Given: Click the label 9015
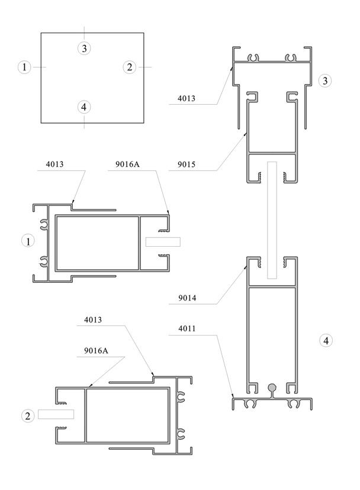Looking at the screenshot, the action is pyautogui.click(x=187, y=165).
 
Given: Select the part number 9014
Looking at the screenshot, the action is pyautogui.click(x=187, y=298).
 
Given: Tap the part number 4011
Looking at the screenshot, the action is pyautogui.click(x=187, y=328).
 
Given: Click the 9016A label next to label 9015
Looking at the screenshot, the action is pyautogui.click(x=127, y=164).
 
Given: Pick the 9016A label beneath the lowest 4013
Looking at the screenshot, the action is pyautogui.click(x=96, y=350).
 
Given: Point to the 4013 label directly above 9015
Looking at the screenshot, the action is pyautogui.click(x=187, y=98).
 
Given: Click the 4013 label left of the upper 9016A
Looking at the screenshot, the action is pyautogui.click(x=54, y=164).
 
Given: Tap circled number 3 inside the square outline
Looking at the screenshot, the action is pyautogui.click(x=84, y=49).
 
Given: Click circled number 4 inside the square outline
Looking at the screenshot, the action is pyautogui.click(x=84, y=107).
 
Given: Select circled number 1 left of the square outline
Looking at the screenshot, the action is pyautogui.click(x=24, y=67).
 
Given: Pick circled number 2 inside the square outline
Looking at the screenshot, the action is pyautogui.click(x=130, y=67).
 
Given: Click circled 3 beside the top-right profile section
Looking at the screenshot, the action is pyautogui.click(x=325, y=81).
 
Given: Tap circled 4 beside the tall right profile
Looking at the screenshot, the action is pyautogui.click(x=326, y=341).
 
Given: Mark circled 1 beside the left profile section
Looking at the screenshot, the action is pyautogui.click(x=28, y=241).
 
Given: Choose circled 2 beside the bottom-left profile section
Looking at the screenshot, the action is pyautogui.click(x=28, y=416).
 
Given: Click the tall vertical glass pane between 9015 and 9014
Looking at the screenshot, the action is pyautogui.click(x=272, y=220).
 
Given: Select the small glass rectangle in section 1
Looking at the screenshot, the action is pyautogui.click(x=163, y=242).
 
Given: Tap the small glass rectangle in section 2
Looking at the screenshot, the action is pyautogui.click(x=56, y=414).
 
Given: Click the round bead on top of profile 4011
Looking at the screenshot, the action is pyautogui.click(x=272, y=388).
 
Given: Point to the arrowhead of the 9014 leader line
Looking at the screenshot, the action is pyautogui.click(x=246, y=266).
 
